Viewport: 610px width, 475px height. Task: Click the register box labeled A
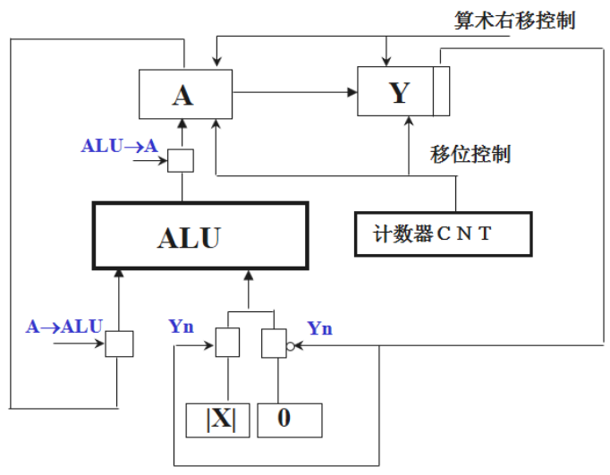182,95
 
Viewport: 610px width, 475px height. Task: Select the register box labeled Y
395,90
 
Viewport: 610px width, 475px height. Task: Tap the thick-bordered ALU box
200,236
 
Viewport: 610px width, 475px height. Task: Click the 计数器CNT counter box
443,234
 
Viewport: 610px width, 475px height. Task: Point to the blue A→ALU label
64,327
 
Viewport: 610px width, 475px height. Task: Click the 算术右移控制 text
513,20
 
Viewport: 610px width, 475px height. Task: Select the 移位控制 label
470,154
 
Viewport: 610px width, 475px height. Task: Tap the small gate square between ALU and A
182,161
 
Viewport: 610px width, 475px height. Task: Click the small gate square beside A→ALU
119,344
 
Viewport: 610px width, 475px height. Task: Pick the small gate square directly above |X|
228,343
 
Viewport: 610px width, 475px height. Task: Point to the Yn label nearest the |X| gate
182,327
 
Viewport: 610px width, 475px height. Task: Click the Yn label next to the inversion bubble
319,328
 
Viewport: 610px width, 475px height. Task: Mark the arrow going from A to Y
295,90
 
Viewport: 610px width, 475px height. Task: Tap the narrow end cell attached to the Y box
441,90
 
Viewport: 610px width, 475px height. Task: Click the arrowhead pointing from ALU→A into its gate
165,162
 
